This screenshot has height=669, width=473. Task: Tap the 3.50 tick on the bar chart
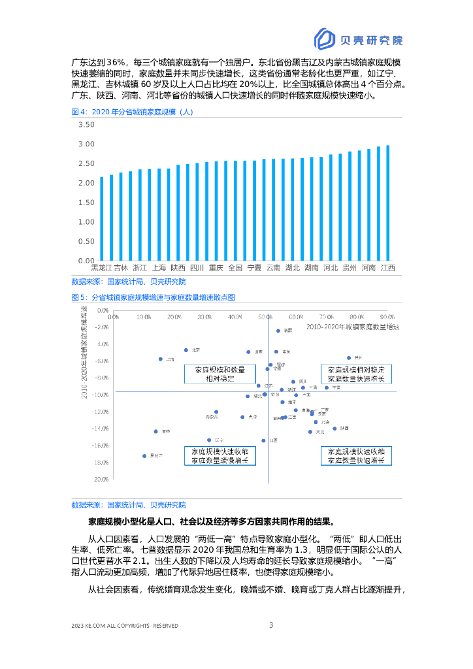coord(86,124)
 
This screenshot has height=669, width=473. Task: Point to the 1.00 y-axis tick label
coord(86,222)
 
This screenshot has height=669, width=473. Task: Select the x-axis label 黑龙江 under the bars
coord(101,268)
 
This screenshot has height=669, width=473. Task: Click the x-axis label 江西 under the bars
coord(388,268)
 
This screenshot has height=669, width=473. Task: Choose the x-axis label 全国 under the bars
coord(236,268)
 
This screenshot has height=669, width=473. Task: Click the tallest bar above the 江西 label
coord(388,203)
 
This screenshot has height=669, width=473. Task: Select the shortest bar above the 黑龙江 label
coord(101,218)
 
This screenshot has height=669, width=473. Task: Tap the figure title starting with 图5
coord(153,297)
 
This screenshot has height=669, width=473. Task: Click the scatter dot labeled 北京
coord(186,350)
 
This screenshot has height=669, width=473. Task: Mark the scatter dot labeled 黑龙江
coord(144,456)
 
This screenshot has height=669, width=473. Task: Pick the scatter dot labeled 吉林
coord(155,431)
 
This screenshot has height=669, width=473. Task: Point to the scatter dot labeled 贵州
coord(349,357)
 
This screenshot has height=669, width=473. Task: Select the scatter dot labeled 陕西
coord(334,429)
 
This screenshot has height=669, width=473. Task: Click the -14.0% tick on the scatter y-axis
coord(100,429)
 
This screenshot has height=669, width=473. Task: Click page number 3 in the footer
coord(271,625)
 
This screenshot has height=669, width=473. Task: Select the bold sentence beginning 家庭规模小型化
coord(210,522)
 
